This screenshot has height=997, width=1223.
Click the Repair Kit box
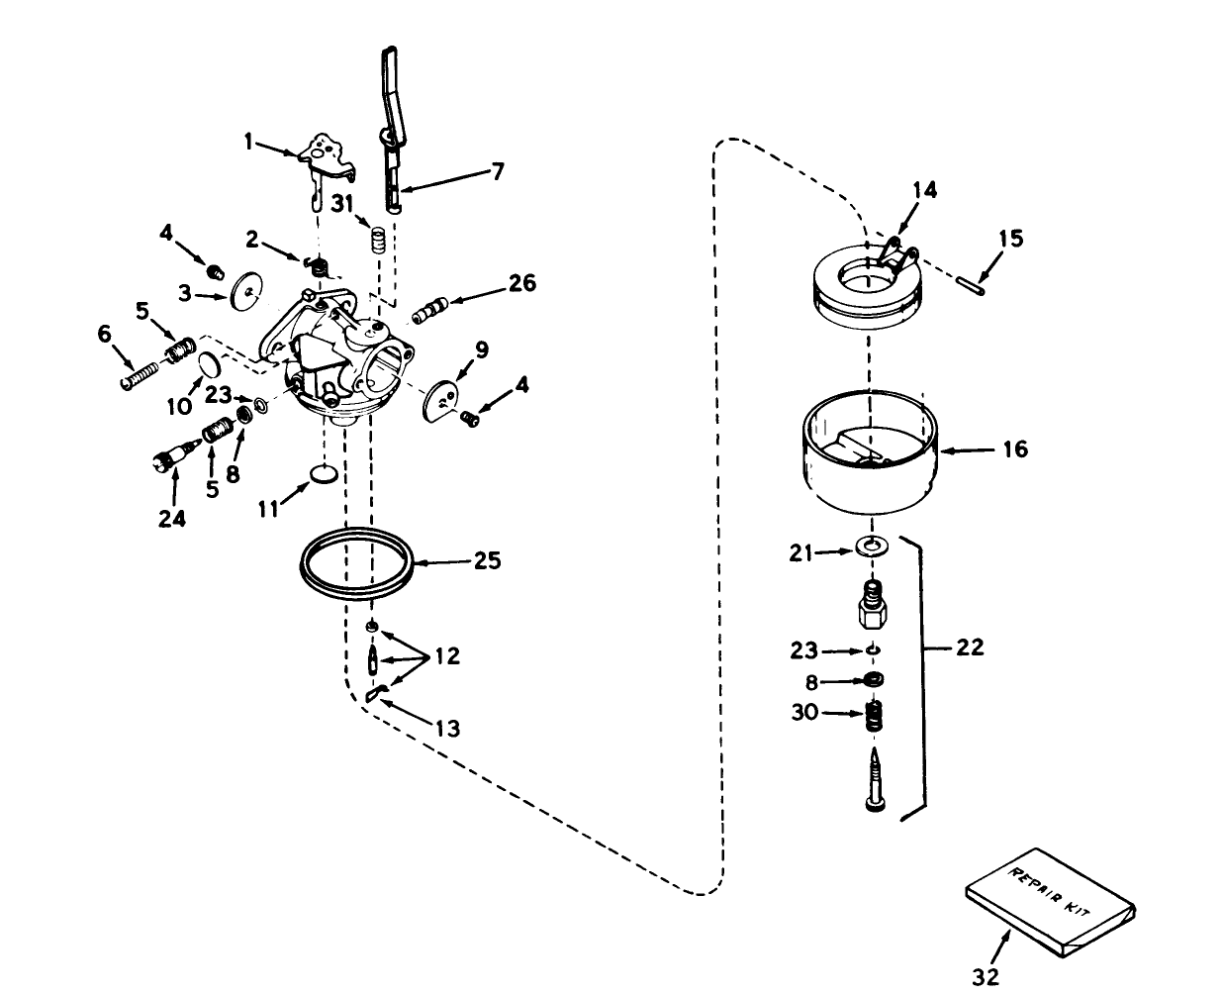click(x=1049, y=902)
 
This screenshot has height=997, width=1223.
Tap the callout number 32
click(x=985, y=977)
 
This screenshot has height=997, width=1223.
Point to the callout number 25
click(x=486, y=561)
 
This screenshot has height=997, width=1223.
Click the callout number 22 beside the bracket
click(x=971, y=648)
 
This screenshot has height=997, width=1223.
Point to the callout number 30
click(x=804, y=712)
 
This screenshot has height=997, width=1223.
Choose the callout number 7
click(x=498, y=171)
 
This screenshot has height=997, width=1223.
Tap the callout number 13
click(x=447, y=730)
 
